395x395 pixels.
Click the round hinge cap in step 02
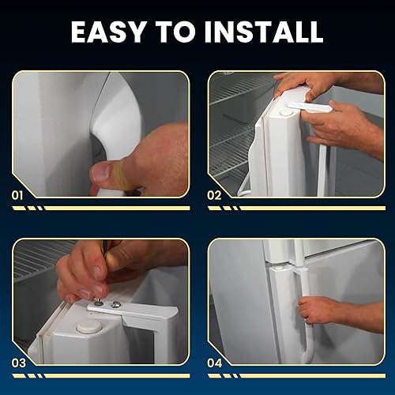tap(285, 112)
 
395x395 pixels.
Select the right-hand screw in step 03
tap(116, 303)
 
